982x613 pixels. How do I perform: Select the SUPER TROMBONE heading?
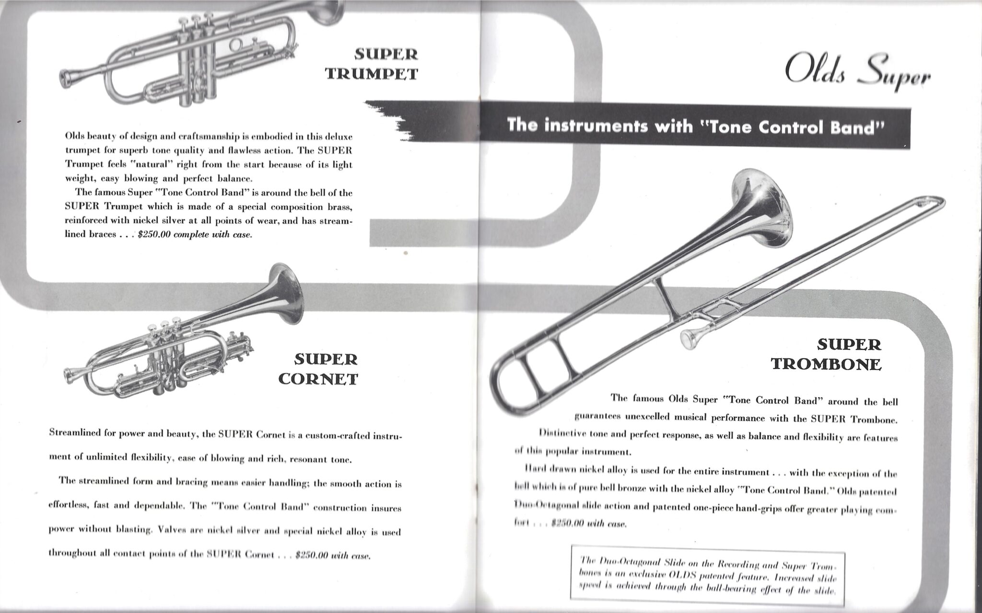point(827,354)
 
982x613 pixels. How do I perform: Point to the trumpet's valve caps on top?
point(196,20)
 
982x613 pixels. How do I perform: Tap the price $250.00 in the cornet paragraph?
point(312,555)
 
